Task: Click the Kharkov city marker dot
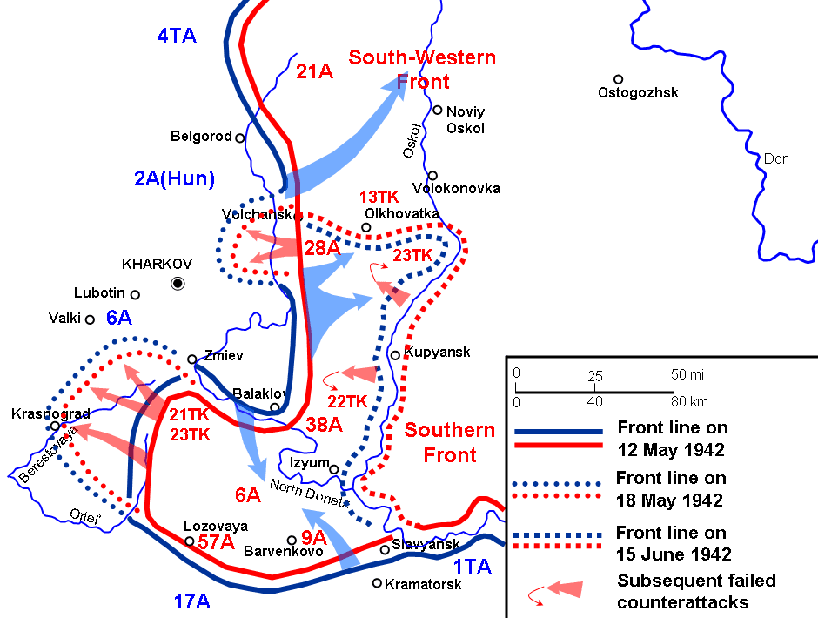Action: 178,282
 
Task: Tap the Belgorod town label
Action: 201,137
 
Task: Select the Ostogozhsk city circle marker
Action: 618,79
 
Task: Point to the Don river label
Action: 776,159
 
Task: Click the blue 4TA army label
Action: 177,36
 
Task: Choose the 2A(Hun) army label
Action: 174,179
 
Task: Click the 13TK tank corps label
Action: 379,198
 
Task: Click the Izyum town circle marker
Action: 334,467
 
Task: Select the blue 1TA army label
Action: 473,567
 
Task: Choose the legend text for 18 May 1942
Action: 670,489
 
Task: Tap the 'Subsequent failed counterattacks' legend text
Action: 696,590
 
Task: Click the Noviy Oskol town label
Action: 466,119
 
